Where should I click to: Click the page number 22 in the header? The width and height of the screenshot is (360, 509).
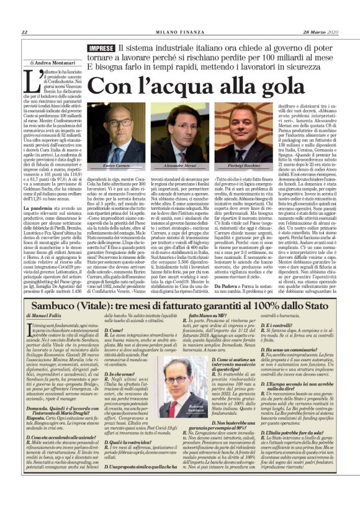click(24, 32)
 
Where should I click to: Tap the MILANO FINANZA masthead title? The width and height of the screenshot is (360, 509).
click(180, 32)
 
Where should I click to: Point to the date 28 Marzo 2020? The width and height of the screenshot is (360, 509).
click(325, 32)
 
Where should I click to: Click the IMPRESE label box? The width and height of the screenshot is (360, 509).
click(101, 48)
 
